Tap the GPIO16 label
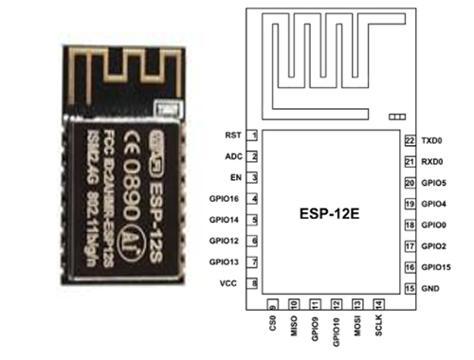(x=223, y=198)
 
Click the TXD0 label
(x=433, y=139)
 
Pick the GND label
(x=431, y=287)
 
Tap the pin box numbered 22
(x=409, y=139)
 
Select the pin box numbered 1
(x=254, y=135)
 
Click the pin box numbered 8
(x=254, y=283)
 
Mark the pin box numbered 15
(x=409, y=287)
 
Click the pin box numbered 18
(x=409, y=225)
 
